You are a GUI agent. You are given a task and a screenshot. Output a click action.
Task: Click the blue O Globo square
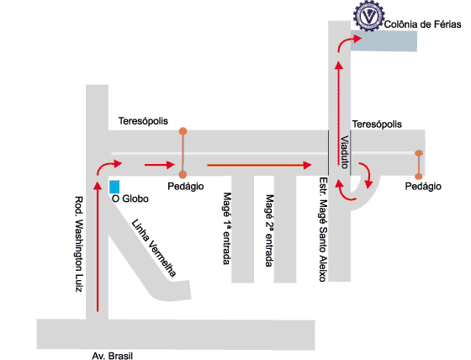pos(114,187)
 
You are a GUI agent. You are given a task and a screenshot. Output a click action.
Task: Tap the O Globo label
pos(130,199)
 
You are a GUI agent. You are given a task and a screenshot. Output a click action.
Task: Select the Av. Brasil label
pos(113,356)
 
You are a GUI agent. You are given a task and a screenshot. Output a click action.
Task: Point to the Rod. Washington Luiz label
pos(79,244)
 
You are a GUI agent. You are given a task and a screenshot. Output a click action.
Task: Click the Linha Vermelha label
pos(154,248)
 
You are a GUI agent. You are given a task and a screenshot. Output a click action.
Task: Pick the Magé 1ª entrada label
pos(227,229)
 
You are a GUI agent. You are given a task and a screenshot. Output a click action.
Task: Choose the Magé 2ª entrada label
pos(269,230)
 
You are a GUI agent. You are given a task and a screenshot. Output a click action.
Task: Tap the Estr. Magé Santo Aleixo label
pos(323,230)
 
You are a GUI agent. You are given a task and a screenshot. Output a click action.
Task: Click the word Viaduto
pos(344,152)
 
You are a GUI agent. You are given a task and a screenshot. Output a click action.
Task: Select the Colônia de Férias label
pos(422,24)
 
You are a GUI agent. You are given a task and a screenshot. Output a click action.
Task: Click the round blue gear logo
pos(369,16)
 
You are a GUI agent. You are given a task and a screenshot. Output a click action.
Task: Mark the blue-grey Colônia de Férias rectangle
pos(384,40)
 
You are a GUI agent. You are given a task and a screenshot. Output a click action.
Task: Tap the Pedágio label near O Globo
pos(186,187)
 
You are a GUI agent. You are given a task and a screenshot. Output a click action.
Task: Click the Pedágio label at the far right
pos(423,187)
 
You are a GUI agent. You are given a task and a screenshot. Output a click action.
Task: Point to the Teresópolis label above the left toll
pos(143,121)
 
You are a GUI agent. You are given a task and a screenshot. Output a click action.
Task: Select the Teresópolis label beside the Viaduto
pos(377,124)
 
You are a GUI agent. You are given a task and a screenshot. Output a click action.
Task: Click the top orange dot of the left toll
pos(183,131)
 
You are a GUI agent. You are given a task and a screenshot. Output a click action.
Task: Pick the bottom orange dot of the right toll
pos(419,177)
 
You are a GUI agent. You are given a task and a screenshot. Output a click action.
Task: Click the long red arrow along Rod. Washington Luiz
pos(98,246)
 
